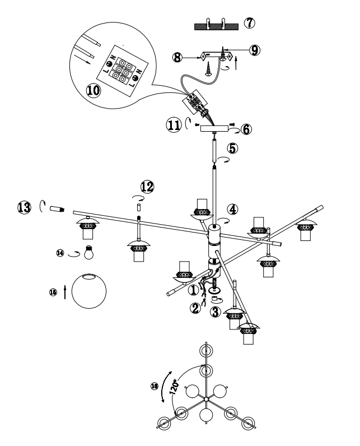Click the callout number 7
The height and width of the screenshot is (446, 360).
point(249,25)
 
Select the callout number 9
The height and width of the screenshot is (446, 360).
point(255,50)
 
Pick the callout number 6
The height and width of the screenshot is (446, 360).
point(246,129)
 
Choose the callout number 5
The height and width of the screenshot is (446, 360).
point(232,149)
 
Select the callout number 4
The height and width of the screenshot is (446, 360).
point(233,208)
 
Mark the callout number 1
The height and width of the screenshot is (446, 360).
point(193,290)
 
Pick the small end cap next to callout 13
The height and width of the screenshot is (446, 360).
point(56,210)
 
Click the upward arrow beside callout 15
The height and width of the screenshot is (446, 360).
point(66,291)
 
